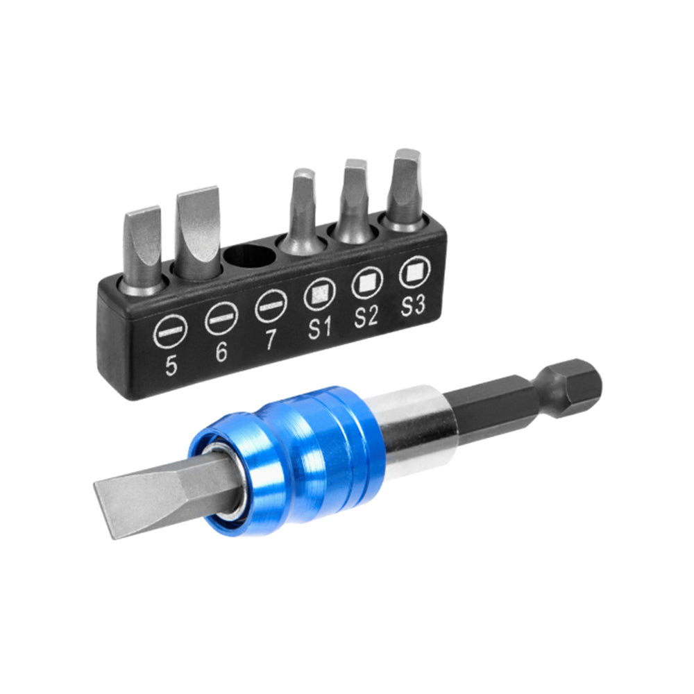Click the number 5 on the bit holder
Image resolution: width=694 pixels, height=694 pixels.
171,366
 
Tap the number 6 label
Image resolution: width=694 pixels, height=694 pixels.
221,352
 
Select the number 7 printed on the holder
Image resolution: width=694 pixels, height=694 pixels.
271,339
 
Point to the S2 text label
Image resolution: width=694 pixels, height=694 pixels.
366,316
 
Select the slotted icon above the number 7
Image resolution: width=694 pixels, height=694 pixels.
270,306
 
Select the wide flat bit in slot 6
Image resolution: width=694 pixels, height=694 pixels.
198,229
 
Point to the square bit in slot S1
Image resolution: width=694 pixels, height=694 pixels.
303,208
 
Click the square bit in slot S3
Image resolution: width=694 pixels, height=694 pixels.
406,186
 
